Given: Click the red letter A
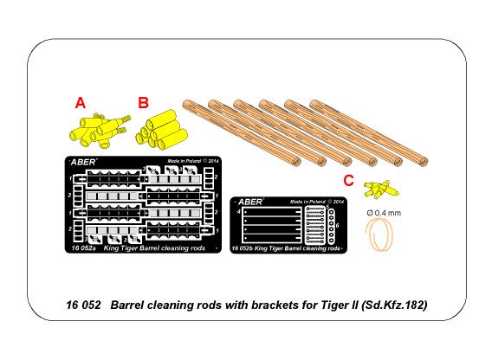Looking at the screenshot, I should [81, 103].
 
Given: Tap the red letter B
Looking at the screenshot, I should [142, 103].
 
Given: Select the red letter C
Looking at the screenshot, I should [349, 180].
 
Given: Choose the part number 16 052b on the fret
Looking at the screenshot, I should [249, 249].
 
